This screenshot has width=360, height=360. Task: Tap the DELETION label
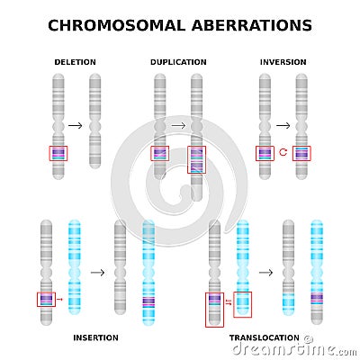tap(75, 62)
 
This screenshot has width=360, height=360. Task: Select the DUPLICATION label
tap(178, 62)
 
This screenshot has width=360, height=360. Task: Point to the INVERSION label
tap(283, 62)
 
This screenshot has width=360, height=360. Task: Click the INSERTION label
tap(94, 337)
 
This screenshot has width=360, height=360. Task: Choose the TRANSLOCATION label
tap(264, 337)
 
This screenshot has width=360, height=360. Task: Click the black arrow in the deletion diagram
tap(76, 126)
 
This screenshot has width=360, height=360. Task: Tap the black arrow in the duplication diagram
tap(178, 126)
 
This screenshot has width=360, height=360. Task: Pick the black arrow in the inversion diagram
tap(283, 126)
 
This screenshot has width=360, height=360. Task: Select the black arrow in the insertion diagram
tap(97, 272)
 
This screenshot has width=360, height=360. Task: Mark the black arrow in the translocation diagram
tap(266, 272)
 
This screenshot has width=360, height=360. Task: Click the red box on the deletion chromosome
tap(58, 154)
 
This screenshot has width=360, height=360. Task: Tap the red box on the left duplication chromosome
tap(160, 154)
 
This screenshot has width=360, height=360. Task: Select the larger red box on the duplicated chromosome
tap(196, 159)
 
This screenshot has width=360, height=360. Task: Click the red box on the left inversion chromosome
tap(265, 154)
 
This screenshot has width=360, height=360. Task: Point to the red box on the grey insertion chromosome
tap(46, 300)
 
